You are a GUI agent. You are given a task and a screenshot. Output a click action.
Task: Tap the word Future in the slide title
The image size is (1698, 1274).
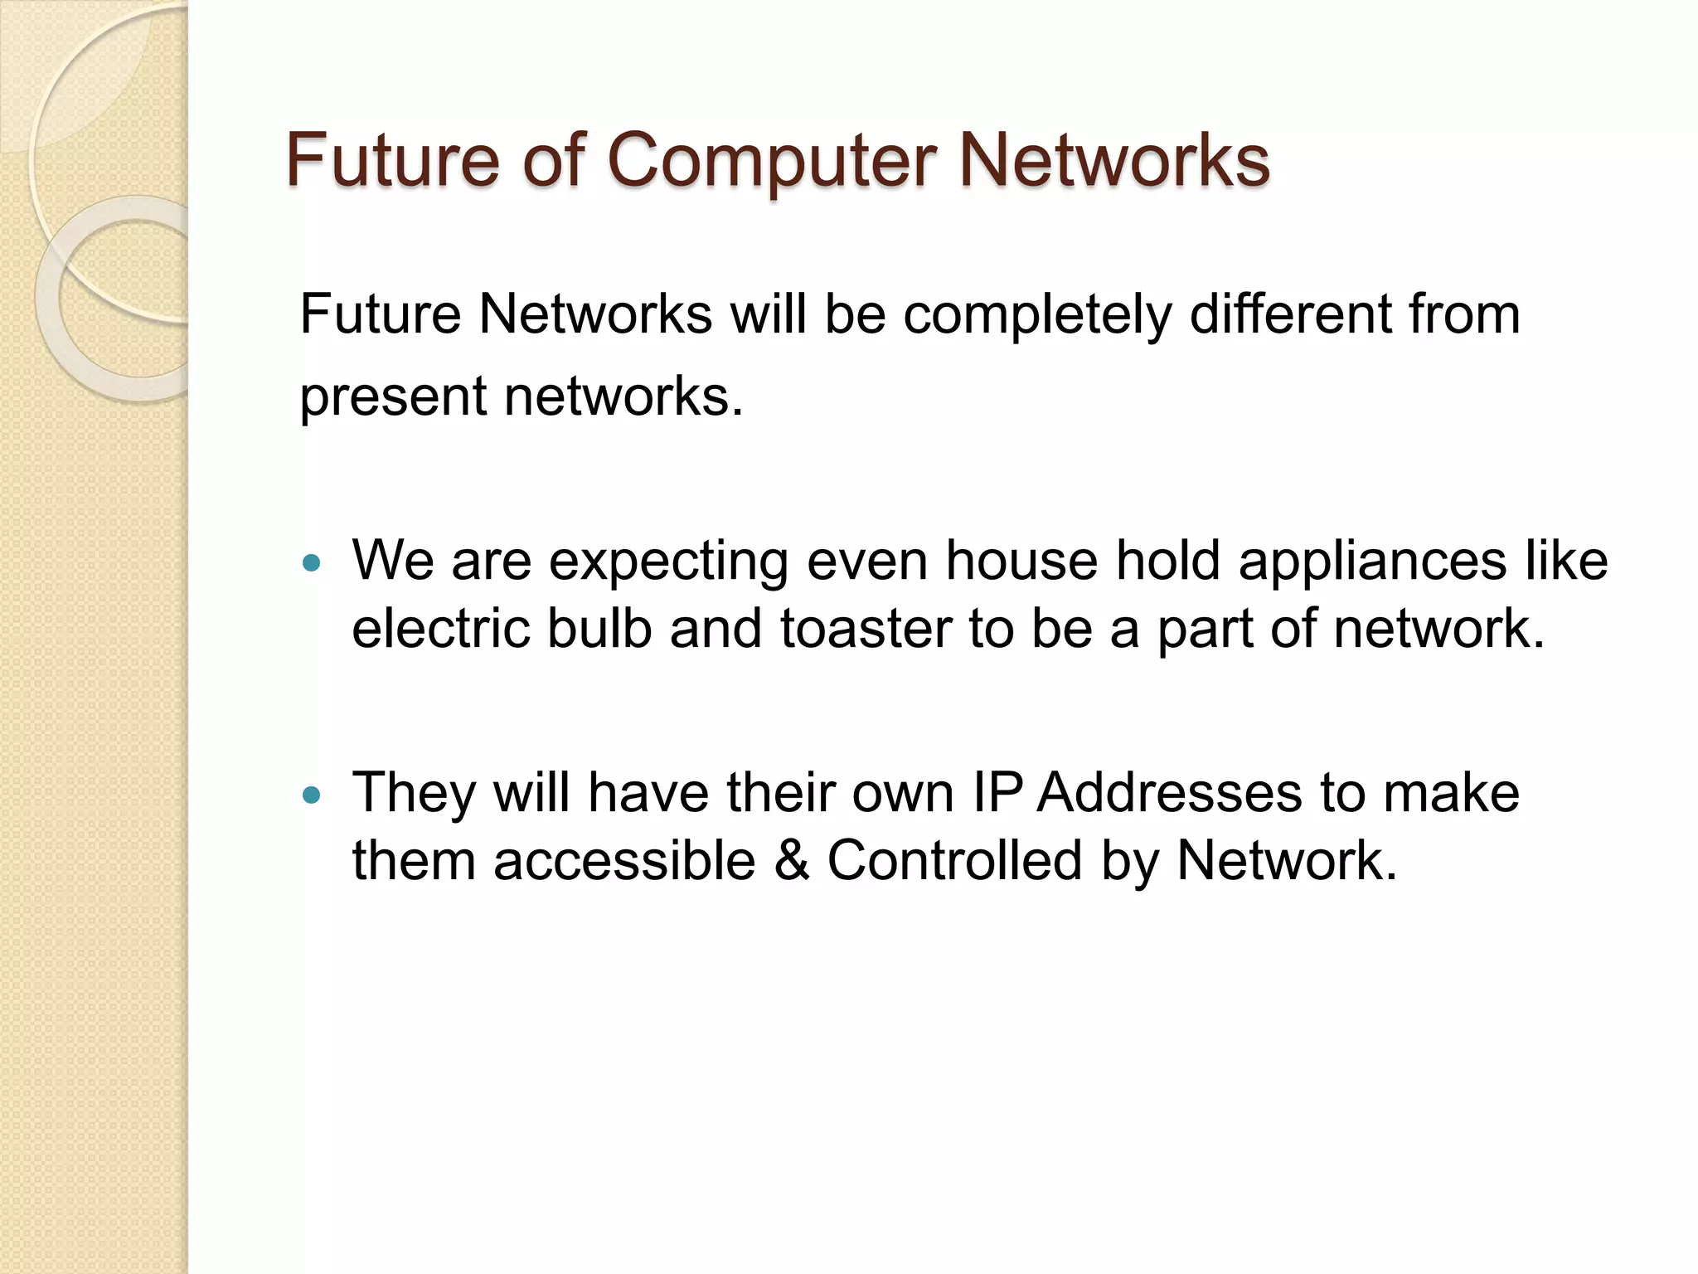392,159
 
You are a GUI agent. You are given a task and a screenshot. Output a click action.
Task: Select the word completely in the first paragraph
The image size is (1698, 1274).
1036,315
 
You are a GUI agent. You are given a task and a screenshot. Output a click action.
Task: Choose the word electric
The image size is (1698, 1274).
440,629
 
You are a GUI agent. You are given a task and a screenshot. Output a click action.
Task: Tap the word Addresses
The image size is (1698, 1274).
1170,793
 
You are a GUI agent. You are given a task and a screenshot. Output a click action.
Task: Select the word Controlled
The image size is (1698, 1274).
954,860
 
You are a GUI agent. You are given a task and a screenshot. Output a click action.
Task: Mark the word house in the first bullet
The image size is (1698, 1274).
1021,561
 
